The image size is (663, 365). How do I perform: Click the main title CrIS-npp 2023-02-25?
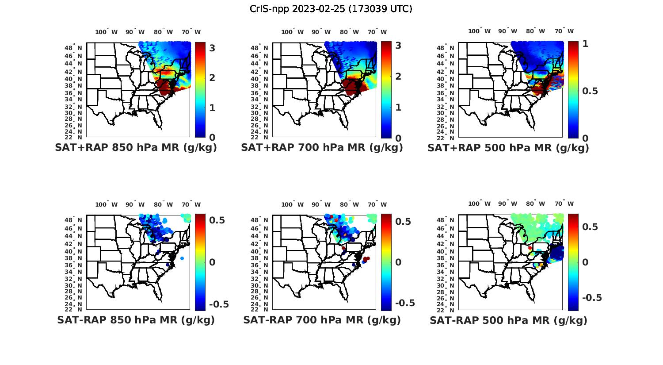click(331, 9)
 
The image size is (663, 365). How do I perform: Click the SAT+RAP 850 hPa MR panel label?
click(136, 148)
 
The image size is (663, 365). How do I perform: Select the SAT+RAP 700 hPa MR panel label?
click(322, 148)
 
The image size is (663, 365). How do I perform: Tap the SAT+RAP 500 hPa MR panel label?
click(508, 148)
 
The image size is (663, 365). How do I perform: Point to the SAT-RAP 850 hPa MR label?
click(136, 320)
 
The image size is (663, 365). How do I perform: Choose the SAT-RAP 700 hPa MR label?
click(322, 320)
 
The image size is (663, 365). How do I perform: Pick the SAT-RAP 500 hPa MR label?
click(508, 320)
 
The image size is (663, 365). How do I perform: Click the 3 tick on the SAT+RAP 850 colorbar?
click(212, 47)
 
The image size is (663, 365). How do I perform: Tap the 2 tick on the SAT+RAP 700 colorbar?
click(398, 77)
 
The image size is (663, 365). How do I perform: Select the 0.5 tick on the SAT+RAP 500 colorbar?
click(590, 91)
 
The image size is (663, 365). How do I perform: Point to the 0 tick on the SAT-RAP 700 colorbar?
click(398, 262)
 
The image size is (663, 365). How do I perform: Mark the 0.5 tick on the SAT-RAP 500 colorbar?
click(590, 227)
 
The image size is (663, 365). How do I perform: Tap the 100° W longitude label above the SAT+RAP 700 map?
click(292, 32)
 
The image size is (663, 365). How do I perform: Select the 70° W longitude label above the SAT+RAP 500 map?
click(564, 31)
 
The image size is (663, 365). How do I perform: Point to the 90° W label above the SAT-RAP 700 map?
click(321, 204)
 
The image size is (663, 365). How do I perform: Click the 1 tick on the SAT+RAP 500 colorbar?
click(585, 44)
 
